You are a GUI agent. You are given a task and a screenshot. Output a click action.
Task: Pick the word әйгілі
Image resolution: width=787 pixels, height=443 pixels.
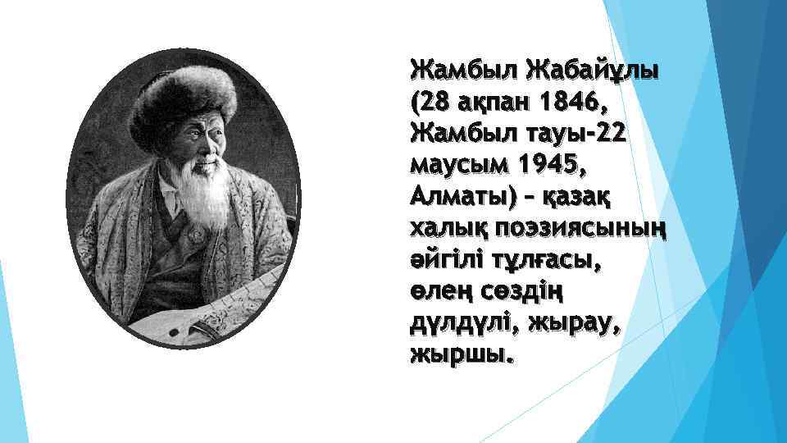click(x=440, y=263)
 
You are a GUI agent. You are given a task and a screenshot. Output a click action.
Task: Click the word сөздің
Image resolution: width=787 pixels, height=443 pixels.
click(x=525, y=294)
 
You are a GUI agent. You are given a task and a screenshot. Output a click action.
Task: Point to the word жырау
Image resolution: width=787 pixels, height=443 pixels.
click(x=579, y=326)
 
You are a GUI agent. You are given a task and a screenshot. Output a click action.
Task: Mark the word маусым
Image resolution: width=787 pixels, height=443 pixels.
click(x=458, y=167)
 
